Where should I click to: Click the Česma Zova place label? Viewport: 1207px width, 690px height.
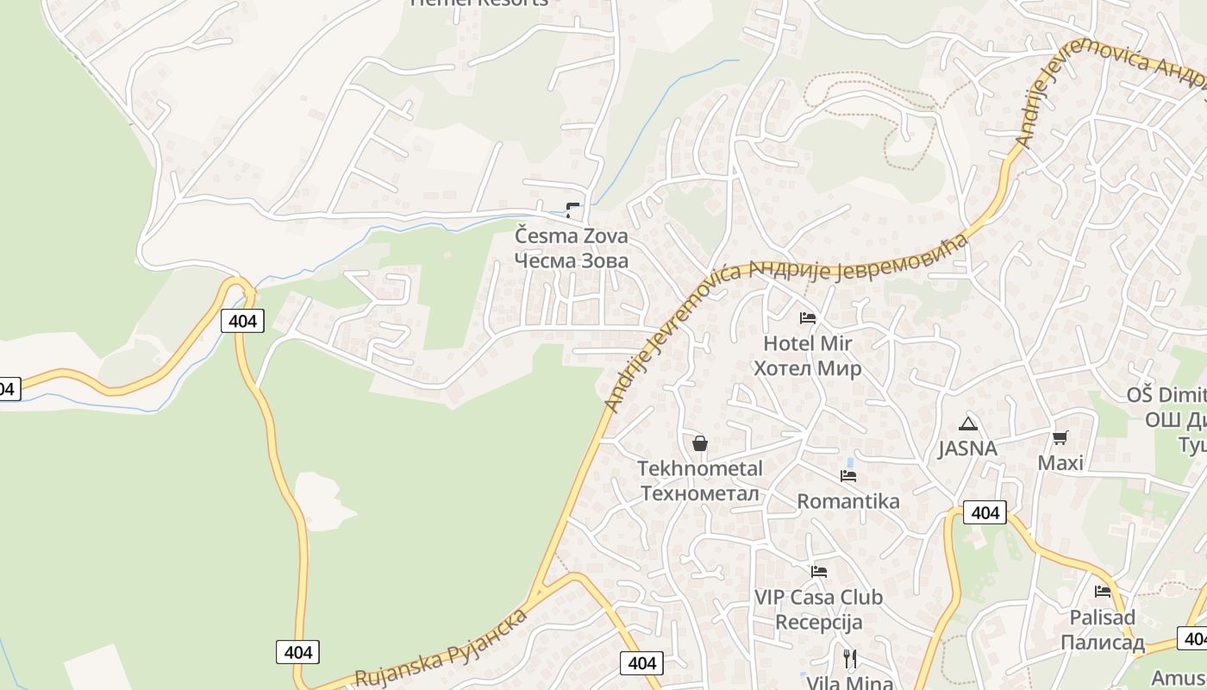click(572, 235)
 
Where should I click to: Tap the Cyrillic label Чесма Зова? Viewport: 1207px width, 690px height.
click(572, 260)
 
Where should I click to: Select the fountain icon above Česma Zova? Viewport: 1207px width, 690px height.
click(572, 210)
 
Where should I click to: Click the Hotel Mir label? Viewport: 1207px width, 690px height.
click(808, 343)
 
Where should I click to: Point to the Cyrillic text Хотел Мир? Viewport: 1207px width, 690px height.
click(808, 368)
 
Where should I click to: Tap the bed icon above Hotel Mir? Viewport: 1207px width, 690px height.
click(808, 318)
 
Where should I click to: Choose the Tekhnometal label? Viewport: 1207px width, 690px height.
click(700, 469)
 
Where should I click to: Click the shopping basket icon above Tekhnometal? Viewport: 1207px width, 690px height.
click(700, 443)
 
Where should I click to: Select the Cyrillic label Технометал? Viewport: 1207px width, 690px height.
click(700, 493)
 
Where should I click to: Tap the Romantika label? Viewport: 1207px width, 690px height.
click(848, 501)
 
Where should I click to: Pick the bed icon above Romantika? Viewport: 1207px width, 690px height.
click(848, 476)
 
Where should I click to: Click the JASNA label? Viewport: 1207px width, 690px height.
click(967, 448)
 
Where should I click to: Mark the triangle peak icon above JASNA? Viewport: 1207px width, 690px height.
click(967, 423)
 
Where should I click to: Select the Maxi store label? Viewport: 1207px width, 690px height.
click(1060, 463)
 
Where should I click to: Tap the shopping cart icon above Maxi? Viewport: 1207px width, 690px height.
click(1060, 438)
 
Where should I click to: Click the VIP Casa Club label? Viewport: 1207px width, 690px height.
click(819, 597)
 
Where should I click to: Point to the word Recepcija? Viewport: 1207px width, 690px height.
click(819, 622)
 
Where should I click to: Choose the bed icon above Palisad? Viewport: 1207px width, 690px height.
click(1103, 592)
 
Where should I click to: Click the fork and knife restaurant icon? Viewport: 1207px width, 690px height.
click(850, 660)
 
